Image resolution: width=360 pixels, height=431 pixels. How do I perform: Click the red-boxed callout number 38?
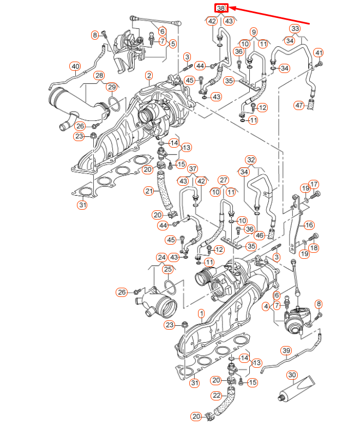[x=221, y=8]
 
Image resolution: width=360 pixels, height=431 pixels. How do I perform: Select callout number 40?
[x=75, y=66]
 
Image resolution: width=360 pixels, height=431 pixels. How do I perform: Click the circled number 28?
[x=98, y=75]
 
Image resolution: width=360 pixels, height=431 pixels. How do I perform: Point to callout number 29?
[x=111, y=87]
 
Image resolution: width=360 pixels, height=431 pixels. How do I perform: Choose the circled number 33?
[x=295, y=28]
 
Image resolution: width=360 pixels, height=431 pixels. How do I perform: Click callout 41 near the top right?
[x=319, y=53]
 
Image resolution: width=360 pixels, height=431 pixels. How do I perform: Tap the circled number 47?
[x=299, y=105]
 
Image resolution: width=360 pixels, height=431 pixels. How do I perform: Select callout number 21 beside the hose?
[x=149, y=191]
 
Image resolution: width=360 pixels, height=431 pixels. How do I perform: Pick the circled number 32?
[x=250, y=160]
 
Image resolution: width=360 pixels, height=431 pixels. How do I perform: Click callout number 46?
[x=260, y=235]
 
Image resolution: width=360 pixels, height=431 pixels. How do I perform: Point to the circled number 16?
[x=309, y=224]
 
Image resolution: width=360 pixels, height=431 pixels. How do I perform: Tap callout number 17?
[x=314, y=184]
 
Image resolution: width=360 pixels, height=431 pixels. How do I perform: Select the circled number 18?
[x=314, y=248]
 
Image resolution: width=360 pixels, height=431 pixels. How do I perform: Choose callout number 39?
[x=286, y=350]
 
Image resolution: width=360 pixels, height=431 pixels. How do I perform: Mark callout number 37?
[x=194, y=169]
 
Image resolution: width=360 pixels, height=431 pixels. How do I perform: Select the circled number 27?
[x=223, y=180]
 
